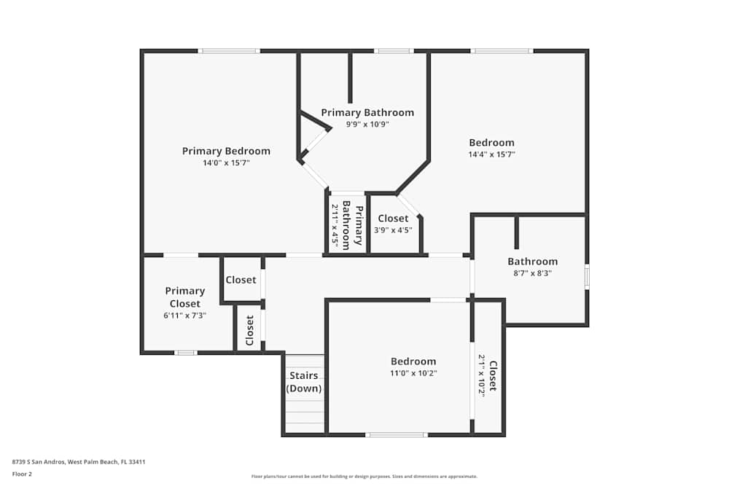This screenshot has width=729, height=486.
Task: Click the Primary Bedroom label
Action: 226,151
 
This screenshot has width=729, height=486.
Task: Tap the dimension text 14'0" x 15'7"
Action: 226,163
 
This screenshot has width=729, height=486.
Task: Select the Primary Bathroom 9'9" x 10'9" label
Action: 367,112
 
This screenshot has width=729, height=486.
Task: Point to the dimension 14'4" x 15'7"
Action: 491,154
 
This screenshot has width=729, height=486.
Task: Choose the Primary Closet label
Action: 185,297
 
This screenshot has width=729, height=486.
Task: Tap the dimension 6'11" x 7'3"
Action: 185,316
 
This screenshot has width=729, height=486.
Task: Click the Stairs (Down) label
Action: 303,383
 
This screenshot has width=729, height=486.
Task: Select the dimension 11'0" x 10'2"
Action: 413,373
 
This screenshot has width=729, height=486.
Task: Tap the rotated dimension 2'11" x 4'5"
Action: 335,224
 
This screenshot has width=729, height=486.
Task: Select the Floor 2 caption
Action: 22,474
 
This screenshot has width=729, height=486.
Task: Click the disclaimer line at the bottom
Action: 364,477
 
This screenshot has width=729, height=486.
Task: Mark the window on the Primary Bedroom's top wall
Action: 229,51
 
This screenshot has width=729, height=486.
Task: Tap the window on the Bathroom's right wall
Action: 587,278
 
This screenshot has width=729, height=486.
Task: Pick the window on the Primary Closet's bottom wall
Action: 185,353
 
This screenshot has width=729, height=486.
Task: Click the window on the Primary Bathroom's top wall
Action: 394,51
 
